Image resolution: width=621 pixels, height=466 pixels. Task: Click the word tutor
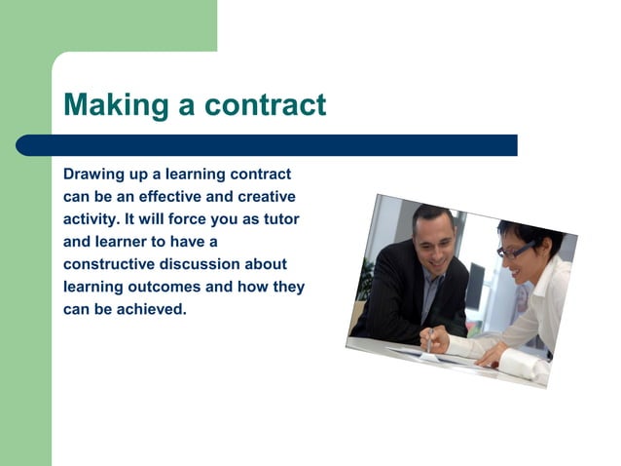(280, 219)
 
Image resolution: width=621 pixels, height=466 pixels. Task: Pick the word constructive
(108, 264)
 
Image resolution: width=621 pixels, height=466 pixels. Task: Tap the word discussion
(201, 264)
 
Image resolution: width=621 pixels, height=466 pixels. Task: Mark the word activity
(91, 219)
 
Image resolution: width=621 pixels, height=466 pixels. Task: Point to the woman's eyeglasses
(513, 252)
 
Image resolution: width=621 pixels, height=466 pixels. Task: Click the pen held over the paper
(429, 340)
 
